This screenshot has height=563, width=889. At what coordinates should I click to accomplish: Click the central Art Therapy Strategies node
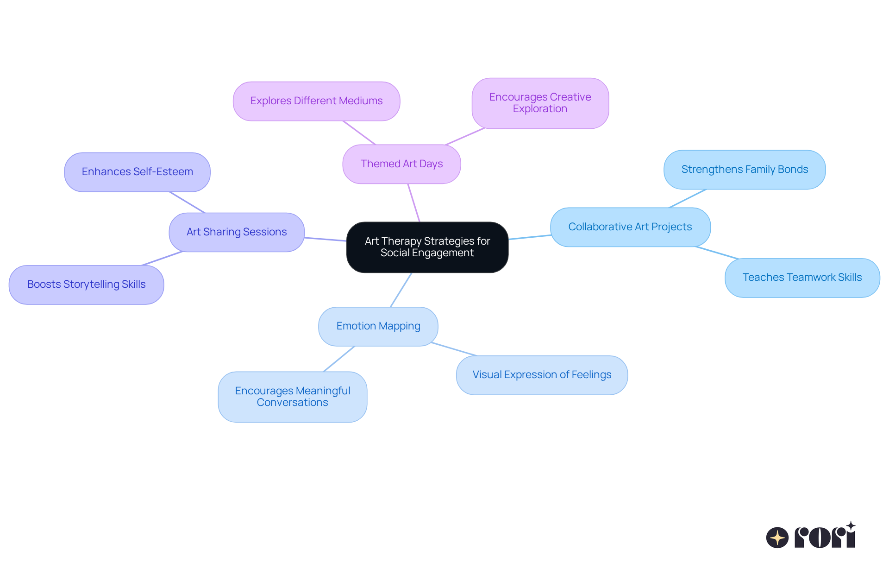click(x=427, y=247)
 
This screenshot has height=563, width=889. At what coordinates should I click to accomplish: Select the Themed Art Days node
click(x=401, y=164)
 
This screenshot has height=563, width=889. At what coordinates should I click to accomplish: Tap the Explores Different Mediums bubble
click(x=316, y=101)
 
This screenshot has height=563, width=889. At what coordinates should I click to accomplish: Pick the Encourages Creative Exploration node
click(x=540, y=103)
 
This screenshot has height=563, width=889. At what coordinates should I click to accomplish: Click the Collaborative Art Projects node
click(x=630, y=227)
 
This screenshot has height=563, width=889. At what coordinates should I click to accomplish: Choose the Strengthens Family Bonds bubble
click(x=744, y=170)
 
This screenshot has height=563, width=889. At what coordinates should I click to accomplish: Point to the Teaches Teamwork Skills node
click(x=802, y=278)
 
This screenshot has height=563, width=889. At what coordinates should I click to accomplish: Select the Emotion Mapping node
click(x=378, y=326)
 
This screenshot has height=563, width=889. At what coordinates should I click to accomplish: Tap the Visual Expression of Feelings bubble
click(x=542, y=375)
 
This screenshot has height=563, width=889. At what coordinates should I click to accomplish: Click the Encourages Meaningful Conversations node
click(x=292, y=397)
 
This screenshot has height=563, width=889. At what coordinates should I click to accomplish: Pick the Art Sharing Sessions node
click(x=236, y=232)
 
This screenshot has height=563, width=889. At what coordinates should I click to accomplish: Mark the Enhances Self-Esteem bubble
click(x=137, y=172)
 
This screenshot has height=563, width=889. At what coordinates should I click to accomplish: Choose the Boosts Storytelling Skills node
click(x=86, y=285)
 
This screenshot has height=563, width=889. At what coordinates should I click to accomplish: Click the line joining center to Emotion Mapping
click(x=401, y=290)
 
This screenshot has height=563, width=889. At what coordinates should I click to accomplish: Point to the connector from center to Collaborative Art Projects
click(x=529, y=237)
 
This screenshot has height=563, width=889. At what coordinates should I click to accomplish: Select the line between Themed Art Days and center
click(x=414, y=203)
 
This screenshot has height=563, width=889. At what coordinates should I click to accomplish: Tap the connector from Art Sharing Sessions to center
click(x=325, y=239)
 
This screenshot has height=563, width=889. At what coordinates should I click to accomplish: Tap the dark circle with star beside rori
click(x=777, y=538)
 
